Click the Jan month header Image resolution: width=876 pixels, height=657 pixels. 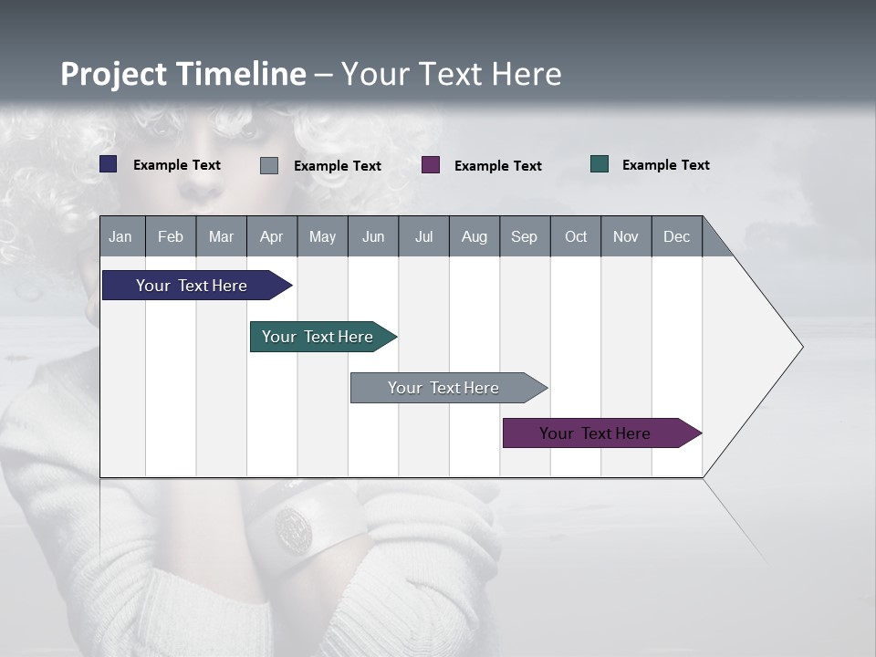(120, 236)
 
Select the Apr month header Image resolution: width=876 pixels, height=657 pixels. (271, 236)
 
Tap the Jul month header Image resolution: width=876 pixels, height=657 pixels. (423, 236)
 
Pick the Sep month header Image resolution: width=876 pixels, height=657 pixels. (524, 236)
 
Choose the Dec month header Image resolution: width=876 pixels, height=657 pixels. (676, 236)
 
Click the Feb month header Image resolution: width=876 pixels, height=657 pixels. (171, 236)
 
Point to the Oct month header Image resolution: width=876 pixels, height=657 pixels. (576, 236)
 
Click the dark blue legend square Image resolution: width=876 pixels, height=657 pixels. (109, 164)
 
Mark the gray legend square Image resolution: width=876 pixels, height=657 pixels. (269, 165)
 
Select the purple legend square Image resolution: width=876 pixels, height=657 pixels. (431, 165)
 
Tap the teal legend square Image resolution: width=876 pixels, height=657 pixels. (600, 164)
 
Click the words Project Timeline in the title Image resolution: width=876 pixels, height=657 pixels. (182, 74)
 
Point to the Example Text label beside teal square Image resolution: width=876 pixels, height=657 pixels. (665, 165)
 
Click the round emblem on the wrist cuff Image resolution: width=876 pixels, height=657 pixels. (294, 530)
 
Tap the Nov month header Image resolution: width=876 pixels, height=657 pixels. (625, 236)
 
